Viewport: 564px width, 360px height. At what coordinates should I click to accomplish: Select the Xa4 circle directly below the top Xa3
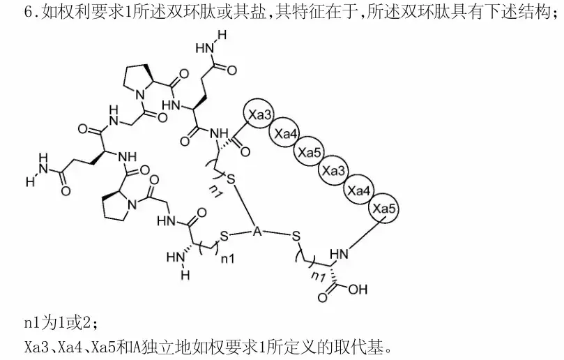[x=284, y=133]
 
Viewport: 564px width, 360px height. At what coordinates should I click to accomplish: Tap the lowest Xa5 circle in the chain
[x=383, y=208]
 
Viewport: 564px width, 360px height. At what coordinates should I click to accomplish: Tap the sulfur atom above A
[x=231, y=181]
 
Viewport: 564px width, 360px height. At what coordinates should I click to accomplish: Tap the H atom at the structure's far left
[x=29, y=182]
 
